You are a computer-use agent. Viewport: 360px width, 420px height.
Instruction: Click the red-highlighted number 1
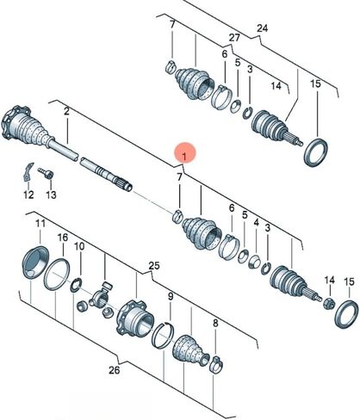(x=184, y=157)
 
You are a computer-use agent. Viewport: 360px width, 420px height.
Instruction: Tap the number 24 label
(x=262, y=28)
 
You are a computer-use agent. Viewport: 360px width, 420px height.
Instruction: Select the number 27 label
(x=234, y=38)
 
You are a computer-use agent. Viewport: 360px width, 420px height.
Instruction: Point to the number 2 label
(x=66, y=111)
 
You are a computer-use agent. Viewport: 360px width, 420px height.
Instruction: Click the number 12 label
(x=28, y=195)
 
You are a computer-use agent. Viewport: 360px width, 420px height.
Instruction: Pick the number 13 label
(x=51, y=195)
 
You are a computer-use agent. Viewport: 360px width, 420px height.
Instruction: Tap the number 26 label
(x=114, y=370)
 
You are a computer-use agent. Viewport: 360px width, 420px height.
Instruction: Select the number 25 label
(x=154, y=266)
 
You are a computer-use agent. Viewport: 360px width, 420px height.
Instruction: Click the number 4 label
(x=257, y=222)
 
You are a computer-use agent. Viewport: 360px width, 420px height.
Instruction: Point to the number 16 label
(x=63, y=238)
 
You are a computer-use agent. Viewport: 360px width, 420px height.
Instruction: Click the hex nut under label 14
(x=328, y=303)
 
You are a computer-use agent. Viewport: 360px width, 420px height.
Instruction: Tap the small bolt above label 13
(x=46, y=173)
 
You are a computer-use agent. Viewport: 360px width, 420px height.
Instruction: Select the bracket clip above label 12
(x=28, y=172)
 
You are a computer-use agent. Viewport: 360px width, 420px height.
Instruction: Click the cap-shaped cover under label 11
(x=34, y=262)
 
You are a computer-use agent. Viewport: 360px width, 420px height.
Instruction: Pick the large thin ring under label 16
(x=57, y=275)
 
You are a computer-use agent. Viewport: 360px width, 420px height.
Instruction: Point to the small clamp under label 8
(x=216, y=364)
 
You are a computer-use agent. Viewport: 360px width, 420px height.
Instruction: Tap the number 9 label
(x=171, y=297)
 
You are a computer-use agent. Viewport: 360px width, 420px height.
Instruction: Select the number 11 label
(x=40, y=223)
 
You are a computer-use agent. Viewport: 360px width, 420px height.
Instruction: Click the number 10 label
(x=79, y=246)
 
